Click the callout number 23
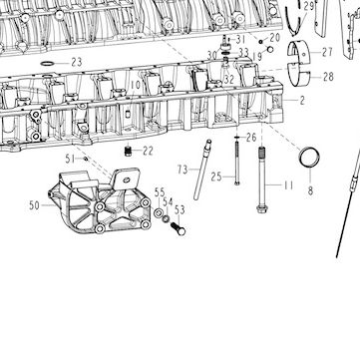click(77, 62)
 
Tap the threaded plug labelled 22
click(128, 151)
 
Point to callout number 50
click(34, 205)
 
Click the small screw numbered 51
click(86, 159)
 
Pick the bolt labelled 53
click(178, 228)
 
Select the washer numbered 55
click(159, 211)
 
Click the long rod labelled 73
click(202, 170)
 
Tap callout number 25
click(216, 177)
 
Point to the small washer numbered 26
click(237, 137)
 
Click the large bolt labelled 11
click(261, 180)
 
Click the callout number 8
click(310, 190)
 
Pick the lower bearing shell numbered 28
click(298, 74)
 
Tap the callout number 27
click(327, 52)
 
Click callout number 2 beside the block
click(302, 101)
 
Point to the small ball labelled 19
click(270, 50)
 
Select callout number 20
click(275, 37)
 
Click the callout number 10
click(136, 86)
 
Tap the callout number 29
click(309, 6)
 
